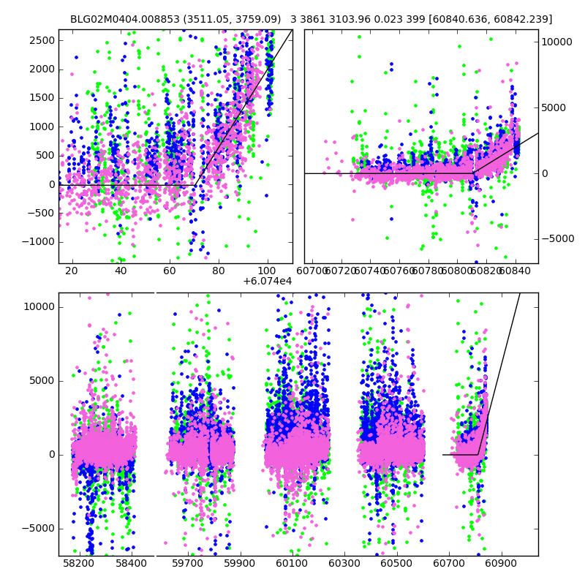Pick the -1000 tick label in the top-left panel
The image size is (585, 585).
click(38, 242)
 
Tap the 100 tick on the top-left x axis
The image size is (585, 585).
click(268, 271)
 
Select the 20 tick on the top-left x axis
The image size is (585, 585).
click(72, 271)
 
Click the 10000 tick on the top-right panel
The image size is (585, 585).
click(557, 42)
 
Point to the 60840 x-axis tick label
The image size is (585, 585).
click(516, 271)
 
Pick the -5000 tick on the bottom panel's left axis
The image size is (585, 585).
click(38, 528)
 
